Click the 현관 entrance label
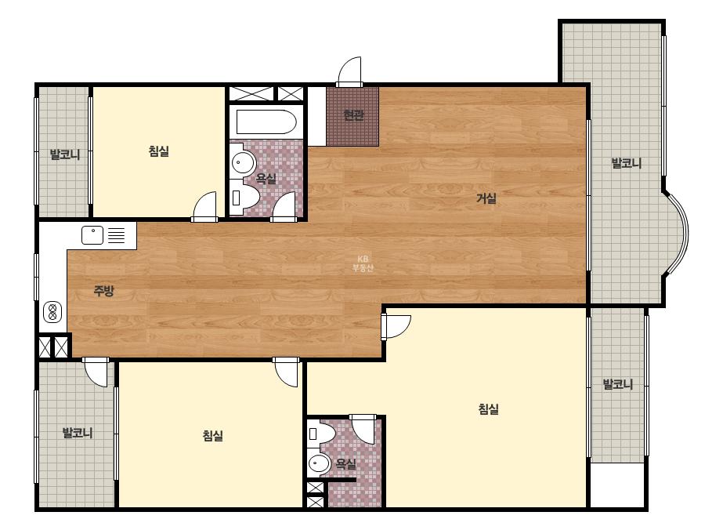[353, 115]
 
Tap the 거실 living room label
[486, 199]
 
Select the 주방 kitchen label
[103, 291]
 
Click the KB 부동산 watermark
[363, 263]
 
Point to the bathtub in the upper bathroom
[266, 122]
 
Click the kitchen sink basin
[92, 235]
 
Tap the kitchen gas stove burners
[52, 312]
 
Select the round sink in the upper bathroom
[243, 162]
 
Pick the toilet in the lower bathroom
[322, 434]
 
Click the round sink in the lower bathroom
[319, 463]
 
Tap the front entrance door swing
[349, 71]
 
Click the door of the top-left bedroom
[204, 206]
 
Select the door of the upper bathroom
[283, 206]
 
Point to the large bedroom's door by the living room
[396, 327]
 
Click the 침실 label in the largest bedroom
[489, 409]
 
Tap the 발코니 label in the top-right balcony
[626, 163]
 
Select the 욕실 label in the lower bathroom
[345, 463]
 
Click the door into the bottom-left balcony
[96, 372]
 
